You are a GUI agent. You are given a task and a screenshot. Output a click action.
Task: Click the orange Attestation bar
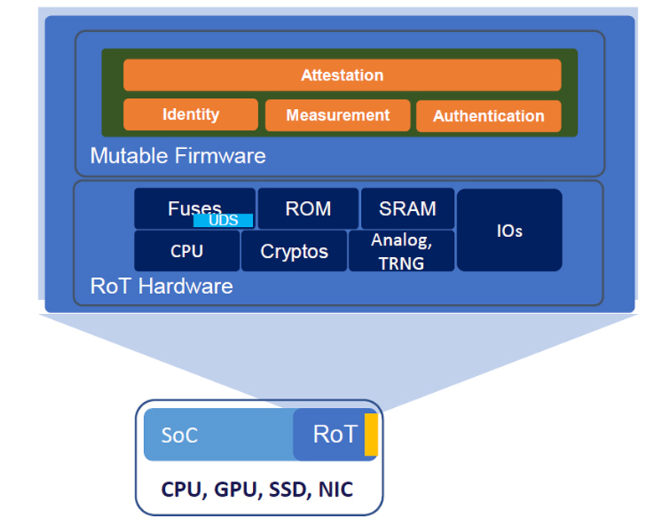point(342,75)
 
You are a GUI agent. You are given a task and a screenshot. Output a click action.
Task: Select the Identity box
point(190,115)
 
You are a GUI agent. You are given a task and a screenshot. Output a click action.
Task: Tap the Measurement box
point(338,116)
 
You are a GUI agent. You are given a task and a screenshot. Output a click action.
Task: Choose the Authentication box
point(488,116)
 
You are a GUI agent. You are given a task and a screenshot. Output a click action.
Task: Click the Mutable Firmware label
point(178,156)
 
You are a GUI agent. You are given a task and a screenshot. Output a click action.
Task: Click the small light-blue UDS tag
point(223,221)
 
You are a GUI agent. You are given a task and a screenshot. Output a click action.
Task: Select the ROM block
point(308,209)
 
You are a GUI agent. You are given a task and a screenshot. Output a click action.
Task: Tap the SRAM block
point(407,209)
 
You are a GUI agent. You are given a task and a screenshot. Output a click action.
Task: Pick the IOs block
point(509,230)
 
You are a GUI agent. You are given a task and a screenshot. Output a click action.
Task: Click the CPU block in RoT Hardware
point(187,251)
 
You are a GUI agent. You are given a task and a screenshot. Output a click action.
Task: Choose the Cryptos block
point(294,251)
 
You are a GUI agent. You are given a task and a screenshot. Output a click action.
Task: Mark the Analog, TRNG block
point(401,251)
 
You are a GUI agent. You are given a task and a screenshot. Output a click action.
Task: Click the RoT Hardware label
point(162,286)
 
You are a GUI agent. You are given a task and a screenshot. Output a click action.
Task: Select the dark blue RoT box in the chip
point(333,435)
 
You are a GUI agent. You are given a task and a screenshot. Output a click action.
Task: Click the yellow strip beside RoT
point(371,435)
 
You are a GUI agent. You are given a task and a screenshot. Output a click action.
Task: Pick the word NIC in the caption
point(335,489)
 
